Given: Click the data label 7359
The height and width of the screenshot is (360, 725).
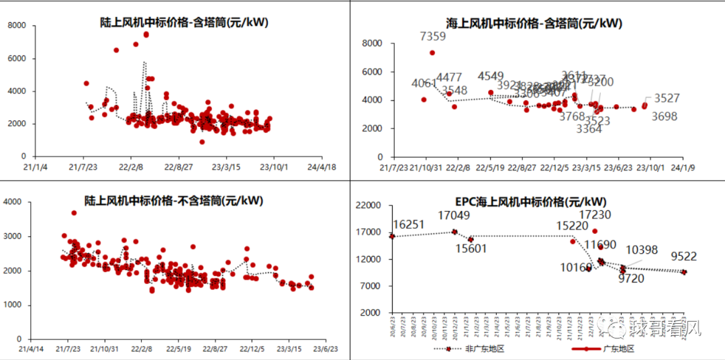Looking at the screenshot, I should [x=432, y=36].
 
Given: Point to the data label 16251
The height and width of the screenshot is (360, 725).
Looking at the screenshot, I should [x=409, y=224].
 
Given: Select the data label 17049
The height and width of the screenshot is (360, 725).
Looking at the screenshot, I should [x=454, y=216].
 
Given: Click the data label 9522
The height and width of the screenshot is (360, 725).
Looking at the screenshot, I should [x=683, y=256].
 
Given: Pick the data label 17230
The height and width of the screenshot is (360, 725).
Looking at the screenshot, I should [x=595, y=215].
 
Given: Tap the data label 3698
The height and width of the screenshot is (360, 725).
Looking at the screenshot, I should [x=665, y=117].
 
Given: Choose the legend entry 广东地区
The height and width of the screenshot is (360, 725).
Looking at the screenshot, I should [x=618, y=349].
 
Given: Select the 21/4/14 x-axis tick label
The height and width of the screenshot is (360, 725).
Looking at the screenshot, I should [x=30, y=349].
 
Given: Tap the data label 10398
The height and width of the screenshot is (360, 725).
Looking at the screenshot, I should [x=642, y=250].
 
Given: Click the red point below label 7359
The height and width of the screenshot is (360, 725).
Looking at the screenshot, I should [x=432, y=52].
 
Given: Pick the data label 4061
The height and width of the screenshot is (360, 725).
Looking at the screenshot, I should [x=424, y=84].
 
